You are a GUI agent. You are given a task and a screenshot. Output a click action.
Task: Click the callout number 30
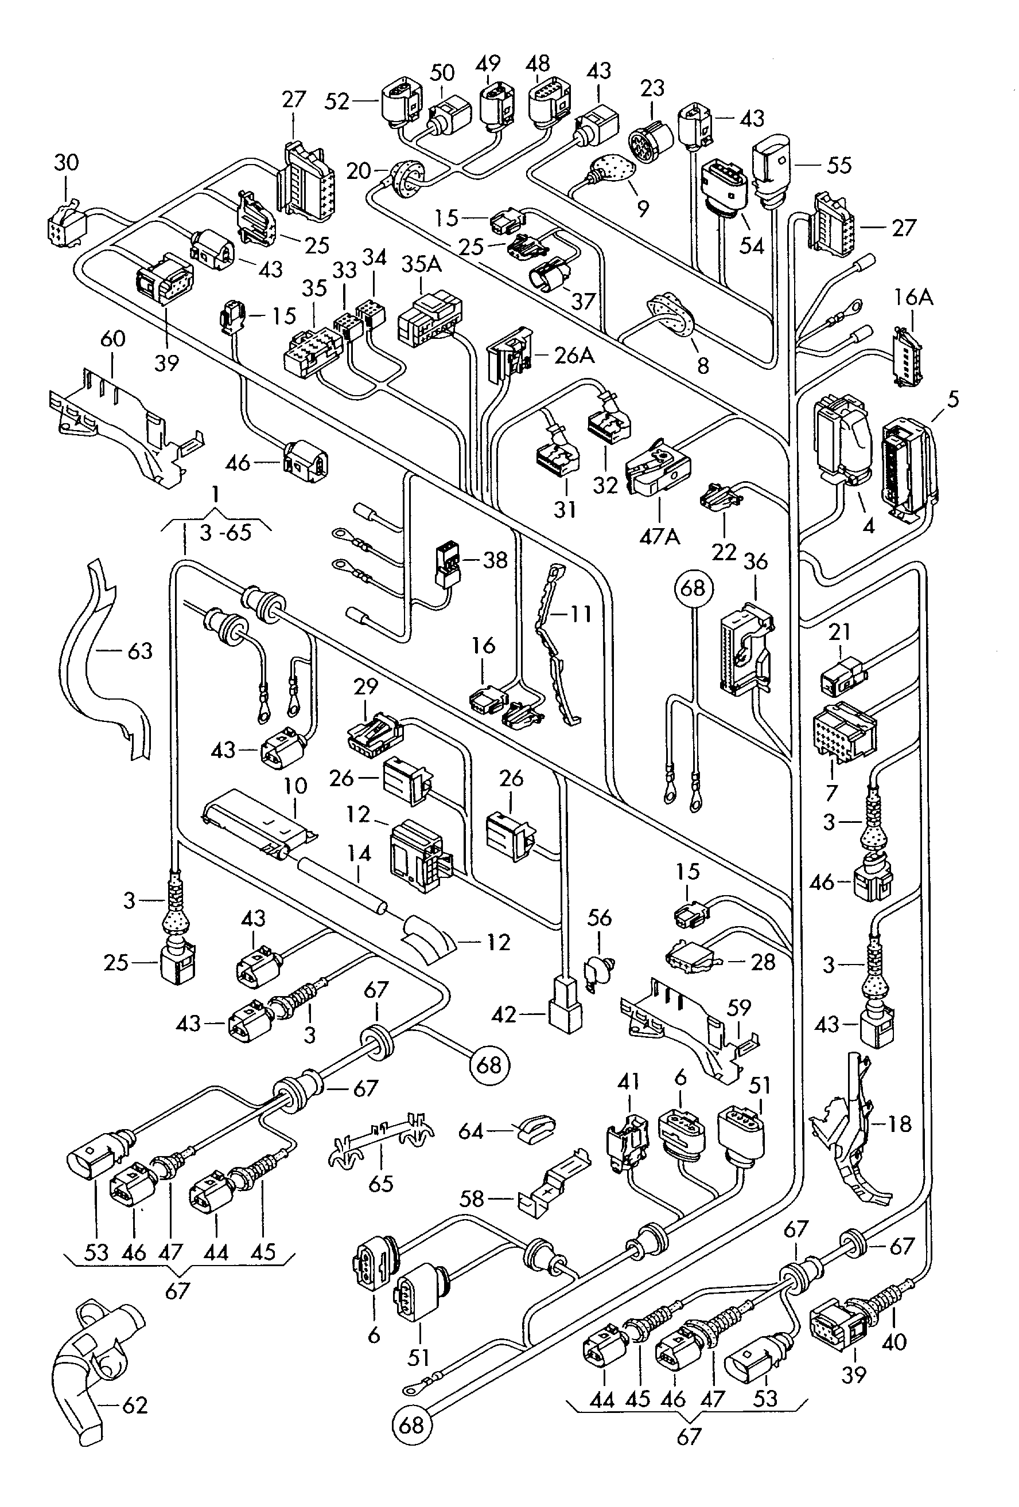[x=66, y=162]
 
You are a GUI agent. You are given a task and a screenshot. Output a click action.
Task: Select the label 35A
[x=421, y=264]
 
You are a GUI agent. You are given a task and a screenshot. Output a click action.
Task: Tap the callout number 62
[x=135, y=1405]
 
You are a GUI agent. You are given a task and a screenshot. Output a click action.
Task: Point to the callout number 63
[x=139, y=650]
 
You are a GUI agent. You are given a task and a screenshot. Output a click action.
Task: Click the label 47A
[x=659, y=537]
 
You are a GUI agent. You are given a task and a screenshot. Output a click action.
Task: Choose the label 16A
[x=913, y=298]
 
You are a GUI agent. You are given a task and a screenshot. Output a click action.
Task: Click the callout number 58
[x=472, y=1198]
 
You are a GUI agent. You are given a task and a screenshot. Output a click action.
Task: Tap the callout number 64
[x=471, y=1131]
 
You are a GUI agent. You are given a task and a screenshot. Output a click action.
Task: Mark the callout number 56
[x=600, y=918]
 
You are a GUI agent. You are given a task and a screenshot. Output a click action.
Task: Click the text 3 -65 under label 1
[x=225, y=533]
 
